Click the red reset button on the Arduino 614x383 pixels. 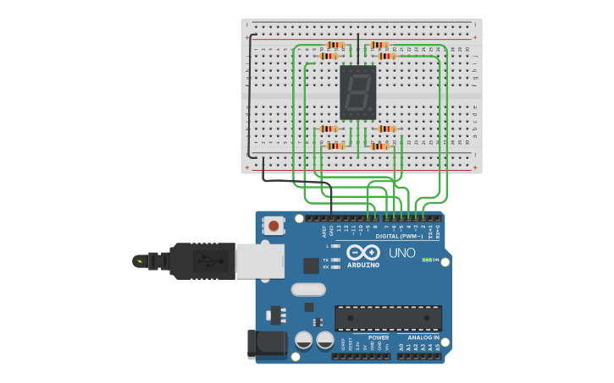pyautogui.click(x=274, y=226)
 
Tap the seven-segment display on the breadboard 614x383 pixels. pyautogui.click(x=357, y=92)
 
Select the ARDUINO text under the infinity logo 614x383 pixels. pyautogui.click(x=362, y=265)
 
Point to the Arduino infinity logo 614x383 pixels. pyautogui.click(x=362, y=253)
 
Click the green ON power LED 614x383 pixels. pyautogui.click(x=427, y=260)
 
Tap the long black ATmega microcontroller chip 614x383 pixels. pyautogui.click(x=388, y=318)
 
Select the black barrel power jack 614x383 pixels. pyautogui.click(x=263, y=345)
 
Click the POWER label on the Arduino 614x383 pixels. pyautogui.click(x=379, y=337)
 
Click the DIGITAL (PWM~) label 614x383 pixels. pyautogui.click(x=399, y=236)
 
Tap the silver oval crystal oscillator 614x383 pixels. pyautogui.click(x=308, y=289)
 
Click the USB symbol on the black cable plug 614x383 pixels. pyautogui.click(x=206, y=261)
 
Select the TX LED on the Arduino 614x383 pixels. pyautogui.click(x=336, y=259)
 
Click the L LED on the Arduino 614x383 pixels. pyautogui.click(x=336, y=246)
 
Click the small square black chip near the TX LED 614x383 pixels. pyautogui.click(x=311, y=265)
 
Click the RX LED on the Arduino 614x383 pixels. pyautogui.click(x=336, y=266)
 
